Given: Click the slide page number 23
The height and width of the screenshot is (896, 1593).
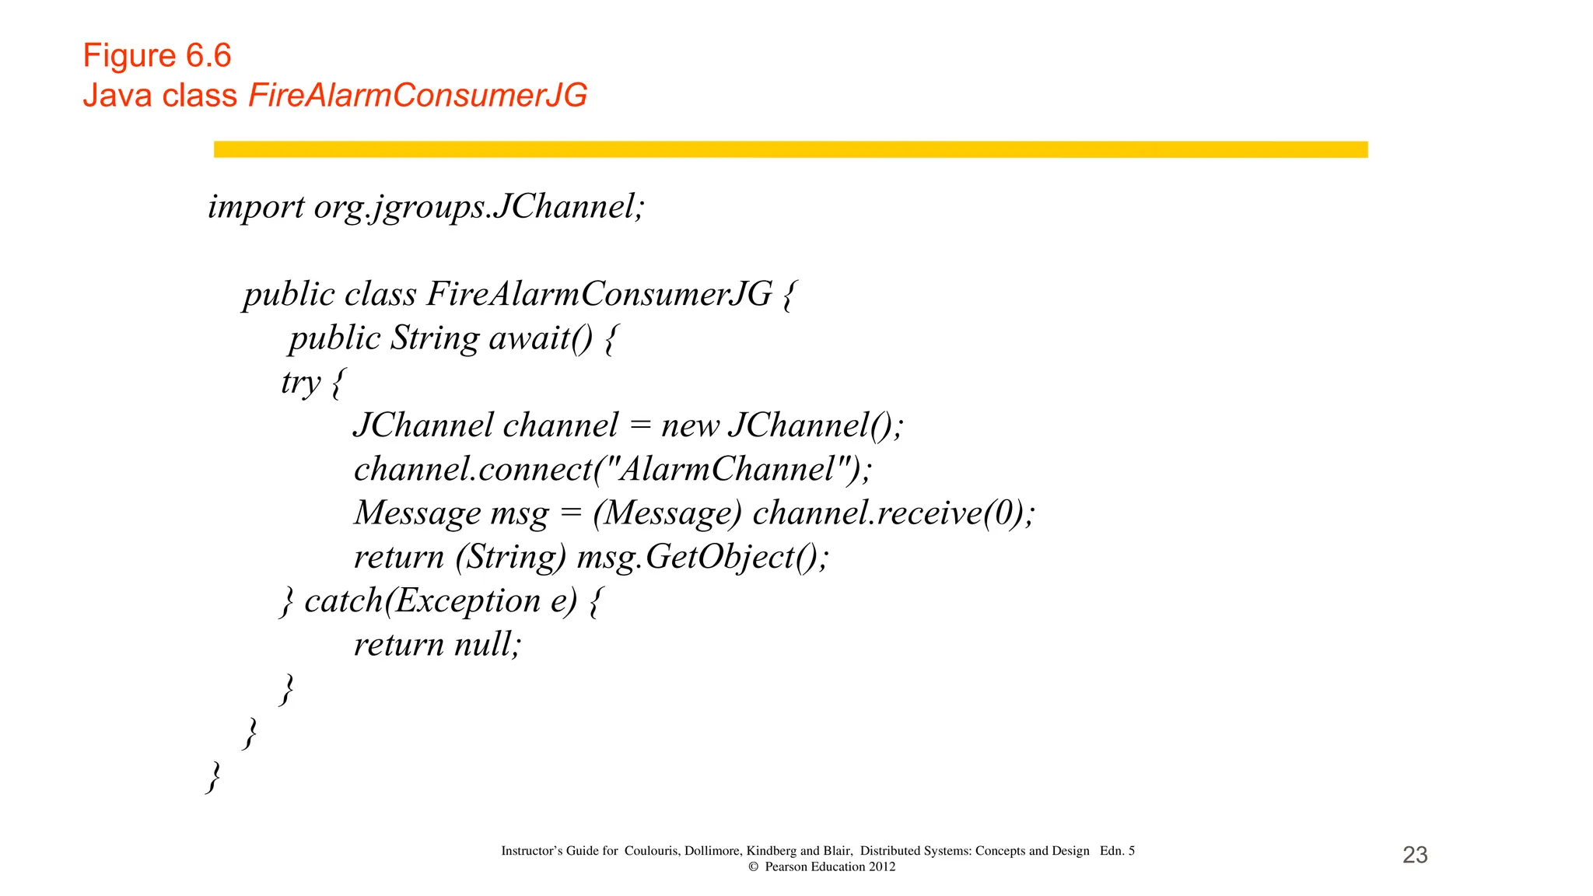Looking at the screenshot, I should [1415, 855].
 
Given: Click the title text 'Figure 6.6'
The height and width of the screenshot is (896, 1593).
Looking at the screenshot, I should [157, 56].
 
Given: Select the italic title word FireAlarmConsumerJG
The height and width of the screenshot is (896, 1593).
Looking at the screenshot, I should [418, 96].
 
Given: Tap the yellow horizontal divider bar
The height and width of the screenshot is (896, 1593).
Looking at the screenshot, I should [790, 149].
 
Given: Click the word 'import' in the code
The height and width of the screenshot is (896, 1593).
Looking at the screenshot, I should [256, 207].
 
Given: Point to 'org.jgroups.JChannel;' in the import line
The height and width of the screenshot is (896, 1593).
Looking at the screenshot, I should [479, 207].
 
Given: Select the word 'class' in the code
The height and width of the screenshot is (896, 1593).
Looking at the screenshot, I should [380, 295].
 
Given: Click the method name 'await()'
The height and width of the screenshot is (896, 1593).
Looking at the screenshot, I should [540, 338].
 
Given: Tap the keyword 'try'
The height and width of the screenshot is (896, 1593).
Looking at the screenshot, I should [300, 383].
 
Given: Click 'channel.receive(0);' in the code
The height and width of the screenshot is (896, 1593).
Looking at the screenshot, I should [893, 513].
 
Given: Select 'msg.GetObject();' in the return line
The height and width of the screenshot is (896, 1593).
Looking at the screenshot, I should [702, 557].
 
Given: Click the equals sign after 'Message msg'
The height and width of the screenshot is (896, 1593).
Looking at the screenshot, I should [570, 513].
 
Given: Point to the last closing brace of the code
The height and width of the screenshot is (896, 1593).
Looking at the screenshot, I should [213, 776].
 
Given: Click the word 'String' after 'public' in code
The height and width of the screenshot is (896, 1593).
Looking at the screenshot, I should [435, 338].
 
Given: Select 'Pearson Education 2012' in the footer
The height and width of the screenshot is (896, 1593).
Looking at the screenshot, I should [829, 866].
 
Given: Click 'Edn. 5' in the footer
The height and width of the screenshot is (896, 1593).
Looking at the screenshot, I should [1117, 851].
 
